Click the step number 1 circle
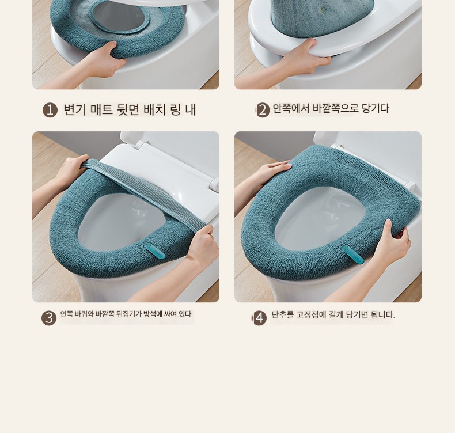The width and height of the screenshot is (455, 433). tap(50, 111)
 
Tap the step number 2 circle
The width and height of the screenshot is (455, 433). tap(263, 111)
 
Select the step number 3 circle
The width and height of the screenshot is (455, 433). tap(49, 318)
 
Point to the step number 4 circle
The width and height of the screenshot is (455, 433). tap(260, 318)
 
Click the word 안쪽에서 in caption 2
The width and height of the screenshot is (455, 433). tap(290, 108)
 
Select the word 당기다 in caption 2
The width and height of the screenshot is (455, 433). tap(375, 108)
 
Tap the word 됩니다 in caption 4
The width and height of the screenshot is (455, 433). tap(383, 314)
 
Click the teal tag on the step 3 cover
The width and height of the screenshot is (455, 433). tap(156, 251)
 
